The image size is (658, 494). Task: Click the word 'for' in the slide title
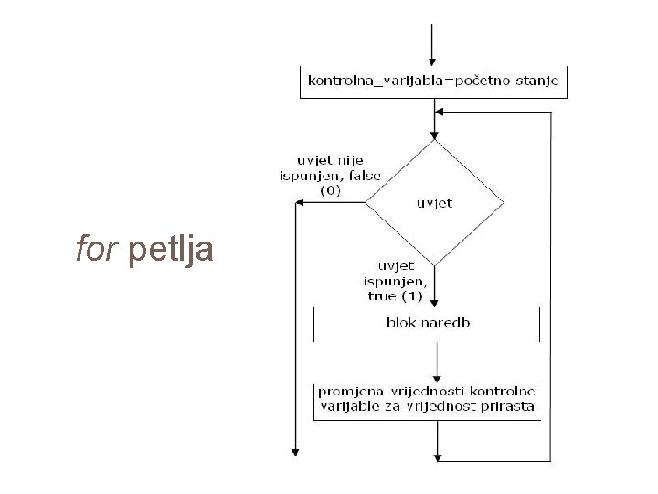93,248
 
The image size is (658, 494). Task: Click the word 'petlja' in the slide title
172,250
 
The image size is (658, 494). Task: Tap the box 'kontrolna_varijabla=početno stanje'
434,81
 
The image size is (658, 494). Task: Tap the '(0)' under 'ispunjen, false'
331,191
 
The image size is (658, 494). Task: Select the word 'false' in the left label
362,177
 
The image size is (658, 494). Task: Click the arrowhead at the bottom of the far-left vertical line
295,450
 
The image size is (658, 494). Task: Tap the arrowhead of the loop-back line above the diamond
441,112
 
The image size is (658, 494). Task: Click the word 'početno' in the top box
483,81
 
